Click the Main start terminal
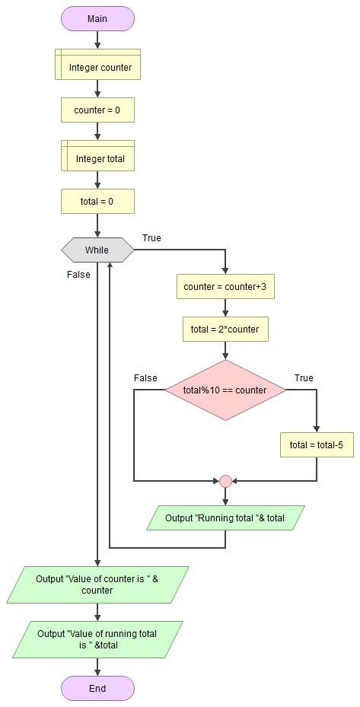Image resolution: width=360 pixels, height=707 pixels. point(97,18)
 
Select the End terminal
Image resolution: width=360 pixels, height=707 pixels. point(97,688)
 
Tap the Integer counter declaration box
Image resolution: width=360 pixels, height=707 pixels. point(97,67)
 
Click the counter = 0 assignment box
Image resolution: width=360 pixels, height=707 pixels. point(97,110)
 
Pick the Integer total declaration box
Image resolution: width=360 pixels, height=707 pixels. point(97,158)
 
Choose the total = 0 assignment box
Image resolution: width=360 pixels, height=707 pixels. point(97,202)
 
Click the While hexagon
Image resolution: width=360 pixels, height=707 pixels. point(97,250)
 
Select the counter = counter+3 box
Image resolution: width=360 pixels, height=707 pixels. point(225,287)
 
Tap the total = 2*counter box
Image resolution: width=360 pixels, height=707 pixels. point(225,330)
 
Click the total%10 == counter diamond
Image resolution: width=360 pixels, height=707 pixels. point(225,390)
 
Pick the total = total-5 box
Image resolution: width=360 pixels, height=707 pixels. point(317,444)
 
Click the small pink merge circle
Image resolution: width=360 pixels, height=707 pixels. point(225,481)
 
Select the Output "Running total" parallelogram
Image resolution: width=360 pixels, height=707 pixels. point(225,518)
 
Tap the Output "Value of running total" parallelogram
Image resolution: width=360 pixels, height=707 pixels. point(97,639)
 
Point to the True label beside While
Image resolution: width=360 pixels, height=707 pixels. point(151,238)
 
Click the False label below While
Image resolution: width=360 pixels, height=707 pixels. point(78,275)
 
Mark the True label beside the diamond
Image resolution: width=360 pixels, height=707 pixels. point(304,377)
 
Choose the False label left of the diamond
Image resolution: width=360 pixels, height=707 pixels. point(145,377)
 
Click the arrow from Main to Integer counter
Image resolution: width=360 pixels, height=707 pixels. point(97,40)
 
